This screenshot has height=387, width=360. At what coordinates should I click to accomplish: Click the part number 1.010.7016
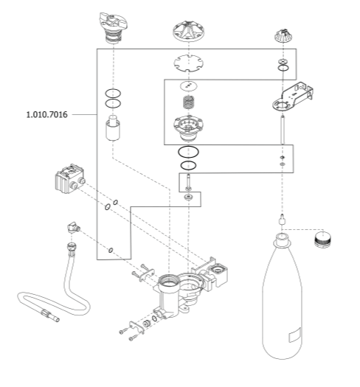click(x=47, y=115)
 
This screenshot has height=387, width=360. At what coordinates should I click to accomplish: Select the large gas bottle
click(x=282, y=296)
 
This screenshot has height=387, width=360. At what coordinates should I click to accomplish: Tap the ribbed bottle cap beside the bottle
click(x=322, y=239)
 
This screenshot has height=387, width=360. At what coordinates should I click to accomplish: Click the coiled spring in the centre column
click(x=189, y=102)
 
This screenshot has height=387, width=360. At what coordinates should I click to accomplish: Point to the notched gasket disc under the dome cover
click(x=189, y=63)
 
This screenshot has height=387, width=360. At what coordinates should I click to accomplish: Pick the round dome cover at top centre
click(x=189, y=31)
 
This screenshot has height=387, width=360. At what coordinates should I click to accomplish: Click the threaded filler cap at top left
click(x=113, y=27)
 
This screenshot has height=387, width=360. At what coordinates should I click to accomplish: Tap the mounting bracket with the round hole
click(x=293, y=97)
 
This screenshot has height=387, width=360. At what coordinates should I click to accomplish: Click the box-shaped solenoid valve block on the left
click(x=69, y=178)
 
